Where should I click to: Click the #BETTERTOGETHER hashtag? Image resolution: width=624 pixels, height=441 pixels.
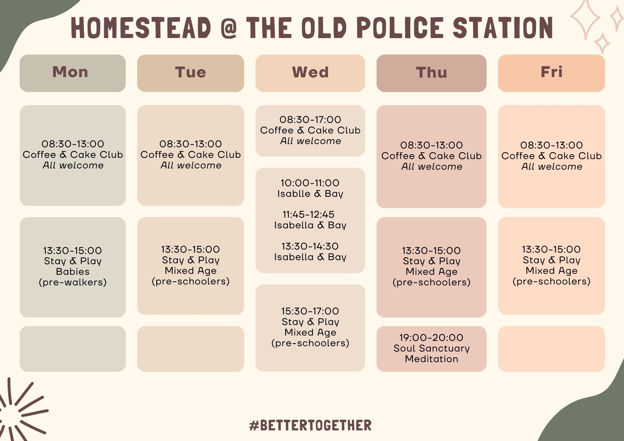(x=310, y=425)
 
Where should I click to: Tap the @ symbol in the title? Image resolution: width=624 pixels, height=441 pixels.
(x=228, y=28)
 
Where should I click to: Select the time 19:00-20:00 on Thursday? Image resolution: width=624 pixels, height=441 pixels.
(x=431, y=337)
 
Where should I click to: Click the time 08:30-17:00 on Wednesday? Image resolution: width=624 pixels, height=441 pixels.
(x=310, y=119)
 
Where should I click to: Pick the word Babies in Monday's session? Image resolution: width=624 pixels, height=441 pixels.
(x=73, y=272)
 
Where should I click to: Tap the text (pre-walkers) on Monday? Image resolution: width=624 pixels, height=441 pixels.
(x=73, y=282)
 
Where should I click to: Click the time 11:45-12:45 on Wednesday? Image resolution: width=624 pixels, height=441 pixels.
(x=308, y=215)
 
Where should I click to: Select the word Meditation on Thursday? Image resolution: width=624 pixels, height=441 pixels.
(x=431, y=359)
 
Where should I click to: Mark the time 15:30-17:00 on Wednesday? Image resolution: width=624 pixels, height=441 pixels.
(x=310, y=311)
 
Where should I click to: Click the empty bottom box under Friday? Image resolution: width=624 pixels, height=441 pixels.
(x=552, y=349)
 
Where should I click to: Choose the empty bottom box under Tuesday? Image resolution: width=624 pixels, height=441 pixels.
(x=191, y=349)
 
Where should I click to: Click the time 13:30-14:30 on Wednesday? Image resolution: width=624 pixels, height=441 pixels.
(x=310, y=246)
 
